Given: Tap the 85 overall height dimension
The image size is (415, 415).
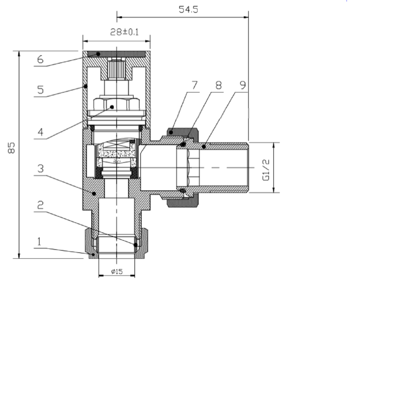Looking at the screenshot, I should pyautogui.click(x=12, y=148).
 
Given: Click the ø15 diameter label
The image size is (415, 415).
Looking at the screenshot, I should pyautogui.click(x=117, y=272).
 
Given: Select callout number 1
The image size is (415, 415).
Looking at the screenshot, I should pyautogui.click(x=40, y=241).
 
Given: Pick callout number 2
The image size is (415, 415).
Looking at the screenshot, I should pyautogui.click(x=40, y=205).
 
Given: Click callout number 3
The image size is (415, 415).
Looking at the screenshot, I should pyautogui.click(x=41, y=168).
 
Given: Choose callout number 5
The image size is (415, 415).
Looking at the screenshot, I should pyautogui.click(x=41, y=89).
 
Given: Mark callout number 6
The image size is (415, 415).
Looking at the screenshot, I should pyautogui.click(x=40, y=59).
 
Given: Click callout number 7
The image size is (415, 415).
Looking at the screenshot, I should pyautogui.click(x=194, y=86).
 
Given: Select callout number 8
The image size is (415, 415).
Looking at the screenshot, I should pyautogui.click(x=218, y=86).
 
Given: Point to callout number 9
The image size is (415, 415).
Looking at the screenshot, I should pyautogui.click(x=243, y=86).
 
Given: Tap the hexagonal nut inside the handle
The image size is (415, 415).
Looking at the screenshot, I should pyautogui.click(x=117, y=104).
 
